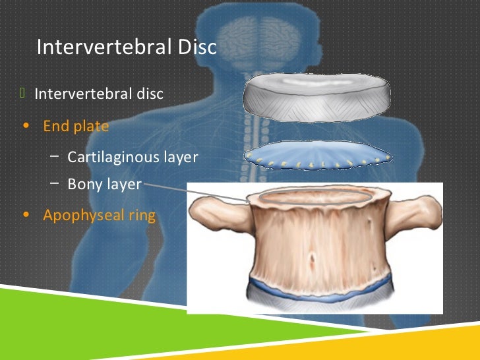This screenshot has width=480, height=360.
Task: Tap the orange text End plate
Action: click(76, 126)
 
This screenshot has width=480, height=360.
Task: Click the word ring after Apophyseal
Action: click(141, 215)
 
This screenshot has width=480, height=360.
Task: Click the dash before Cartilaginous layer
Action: click(53, 157)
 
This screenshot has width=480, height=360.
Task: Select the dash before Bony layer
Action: click(53, 183)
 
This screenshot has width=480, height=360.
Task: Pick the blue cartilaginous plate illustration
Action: click(318, 156)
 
